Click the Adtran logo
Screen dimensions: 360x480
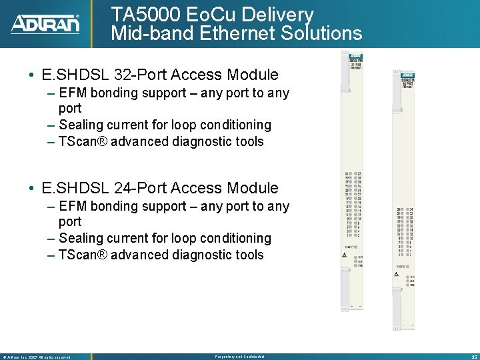[x=45, y=23]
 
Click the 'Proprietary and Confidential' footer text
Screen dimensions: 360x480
[x=239, y=357]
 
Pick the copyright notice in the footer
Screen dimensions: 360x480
[x=37, y=357]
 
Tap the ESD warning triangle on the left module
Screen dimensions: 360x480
[x=344, y=271]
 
